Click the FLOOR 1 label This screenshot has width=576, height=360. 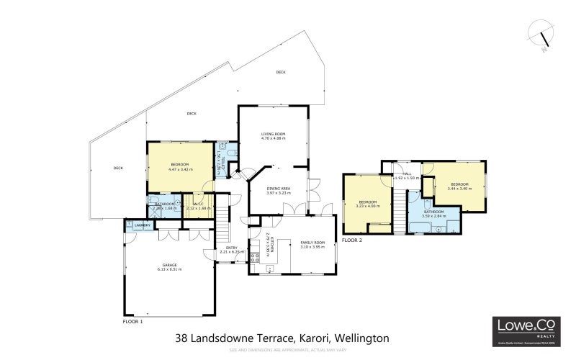point(132,322)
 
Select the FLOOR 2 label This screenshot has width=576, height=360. point(352,240)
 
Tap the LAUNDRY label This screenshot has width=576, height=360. point(143,225)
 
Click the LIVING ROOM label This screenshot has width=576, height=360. point(273,134)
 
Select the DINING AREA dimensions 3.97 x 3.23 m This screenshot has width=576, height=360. point(278,193)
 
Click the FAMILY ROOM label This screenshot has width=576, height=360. point(313,243)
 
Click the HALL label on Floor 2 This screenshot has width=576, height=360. point(407,174)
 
